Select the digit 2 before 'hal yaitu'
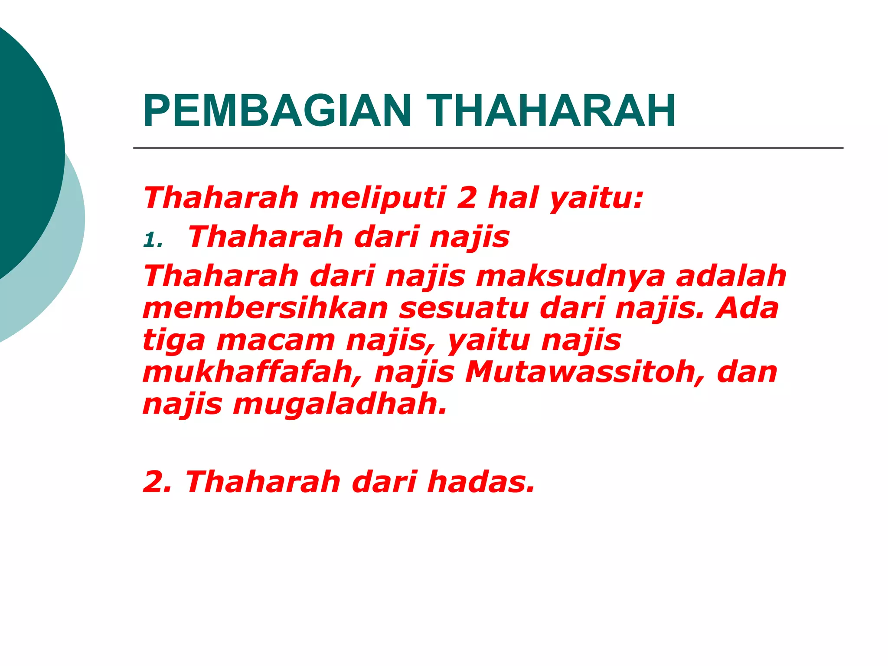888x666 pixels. pyautogui.click(x=467, y=198)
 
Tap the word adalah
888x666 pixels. pyautogui.click(x=731, y=276)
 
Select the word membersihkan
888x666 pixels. pyautogui.click(x=265, y=308)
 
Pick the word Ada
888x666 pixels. pyautogui.click(x=747, y=308)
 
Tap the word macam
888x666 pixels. pyautogui.click(x=275, y=340)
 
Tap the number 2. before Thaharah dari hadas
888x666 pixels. pyautogui.click(x=157, y=482)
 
